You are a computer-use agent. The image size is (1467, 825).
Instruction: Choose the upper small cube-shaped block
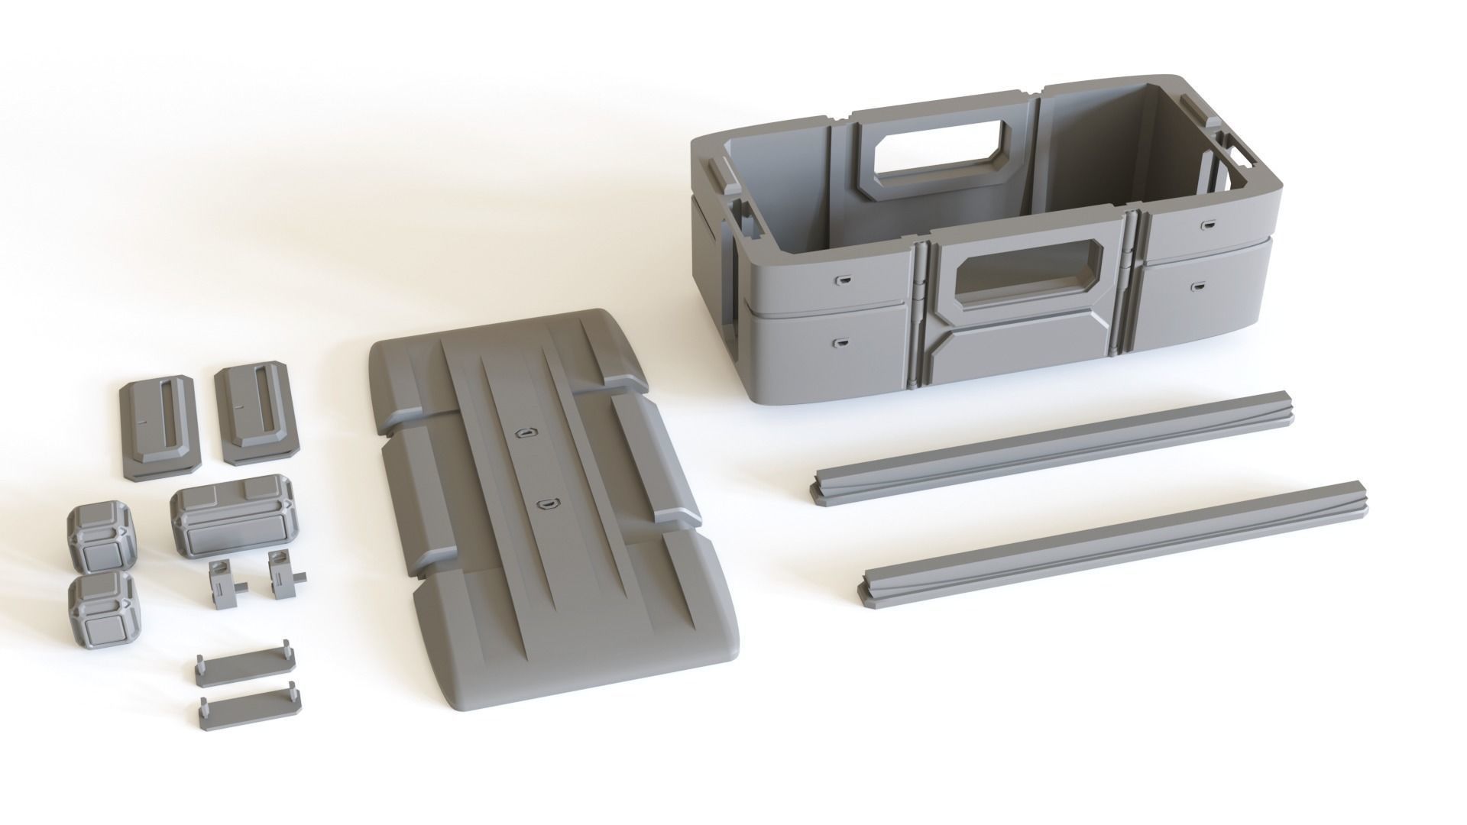coord(102,538)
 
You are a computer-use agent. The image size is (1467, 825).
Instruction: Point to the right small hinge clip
coord(284,577)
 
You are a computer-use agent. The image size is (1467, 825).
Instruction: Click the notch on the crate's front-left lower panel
coord(841,344)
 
